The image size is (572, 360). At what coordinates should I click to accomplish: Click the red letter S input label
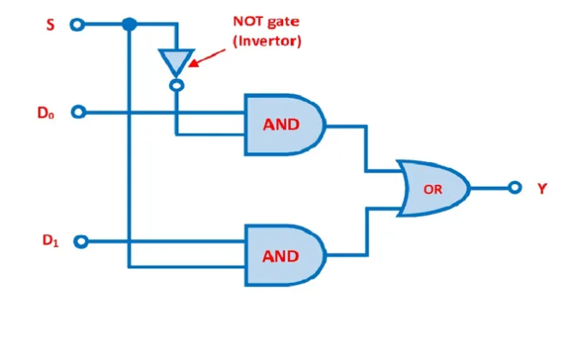pyautogui.click(x=50, y=24)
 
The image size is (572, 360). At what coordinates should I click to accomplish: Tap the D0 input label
pyautogui.click(x=46, y=111)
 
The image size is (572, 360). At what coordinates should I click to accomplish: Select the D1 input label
pyautogui.click(x=51, y=241)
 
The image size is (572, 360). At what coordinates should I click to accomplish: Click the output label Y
pyautogui.click(x=541, y=188)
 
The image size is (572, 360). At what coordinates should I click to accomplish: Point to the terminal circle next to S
pyautogui.click(x=78, y=25)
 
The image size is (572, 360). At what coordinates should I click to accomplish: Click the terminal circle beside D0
pyautogui.click(x=79, y=112)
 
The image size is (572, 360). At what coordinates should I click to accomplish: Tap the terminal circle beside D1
pyautogui.click(x=80, y=242)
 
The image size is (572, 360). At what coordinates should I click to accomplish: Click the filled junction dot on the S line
pyautogui.click(x=129, y=25)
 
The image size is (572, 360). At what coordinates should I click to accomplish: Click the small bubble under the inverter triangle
pyautogui.click(x=175, y=85)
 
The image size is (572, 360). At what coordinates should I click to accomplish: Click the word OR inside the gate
pyautogui.click(x=433, y=189)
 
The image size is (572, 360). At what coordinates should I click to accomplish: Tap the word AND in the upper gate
pyautogui.click(x=280, y=124)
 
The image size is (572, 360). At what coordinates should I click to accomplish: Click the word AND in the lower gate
pyautogui.click(x=280, y=255)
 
